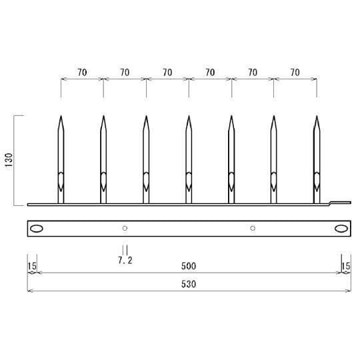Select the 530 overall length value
[189, 283]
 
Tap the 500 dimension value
[189, 266]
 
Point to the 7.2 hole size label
[125, 261]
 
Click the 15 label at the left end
[31, 266]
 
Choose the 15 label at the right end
[345, 266]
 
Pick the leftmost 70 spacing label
[82, 72]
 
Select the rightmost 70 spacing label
[295, 72]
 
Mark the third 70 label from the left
[167, 72]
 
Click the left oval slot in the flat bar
[37, 229]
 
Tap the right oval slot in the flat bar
[341, 229]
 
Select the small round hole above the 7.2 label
[125, 229]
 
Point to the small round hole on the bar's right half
[253, 229]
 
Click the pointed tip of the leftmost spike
[61, 117]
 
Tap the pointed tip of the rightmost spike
[317, 117]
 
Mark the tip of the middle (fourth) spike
[189, 117]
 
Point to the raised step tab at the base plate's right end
[341, 201]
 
